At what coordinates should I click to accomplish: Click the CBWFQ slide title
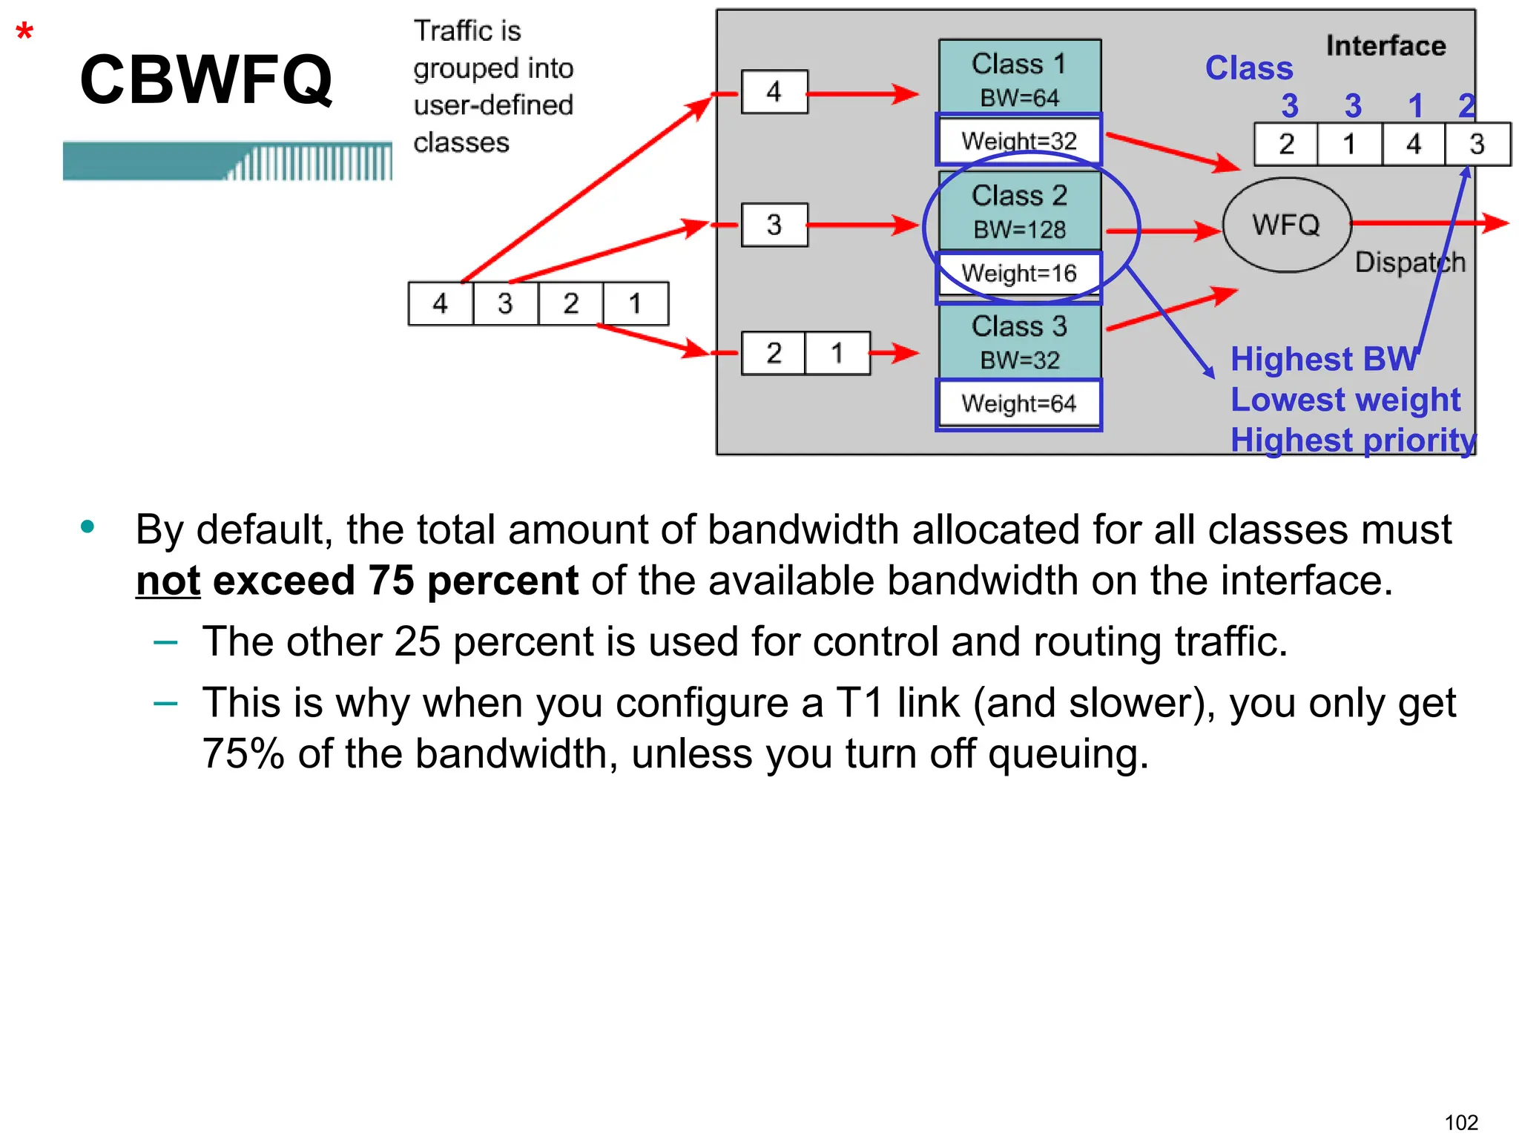coord(206,79)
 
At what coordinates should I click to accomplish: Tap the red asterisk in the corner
coord(24,33)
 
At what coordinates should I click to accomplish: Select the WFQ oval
coord(1286,225)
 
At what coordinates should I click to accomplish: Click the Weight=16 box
coord(1018,274)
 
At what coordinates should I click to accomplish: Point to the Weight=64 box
coord(1018,404)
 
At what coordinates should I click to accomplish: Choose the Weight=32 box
coord(1018,140)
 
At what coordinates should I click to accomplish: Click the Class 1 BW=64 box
coord(1019,77)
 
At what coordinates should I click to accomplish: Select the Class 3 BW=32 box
coord(1019,342)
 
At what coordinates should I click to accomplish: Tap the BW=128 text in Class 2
coord(1019,230)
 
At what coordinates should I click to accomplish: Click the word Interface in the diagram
coord(1385,46)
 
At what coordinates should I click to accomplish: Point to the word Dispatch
coord(1410,263)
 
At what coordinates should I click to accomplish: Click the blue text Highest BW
coord(1324,359)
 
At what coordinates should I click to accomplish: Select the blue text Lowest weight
coord(1345,400)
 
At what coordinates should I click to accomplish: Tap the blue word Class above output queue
coord(1249,68)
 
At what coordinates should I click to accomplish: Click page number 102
coord(1461,1122)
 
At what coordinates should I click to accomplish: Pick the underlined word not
coord(168,581)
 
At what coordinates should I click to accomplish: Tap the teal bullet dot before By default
coord(88,527)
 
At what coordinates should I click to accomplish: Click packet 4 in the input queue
coord(440,303)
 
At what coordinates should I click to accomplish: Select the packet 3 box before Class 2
coord(774,225)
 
